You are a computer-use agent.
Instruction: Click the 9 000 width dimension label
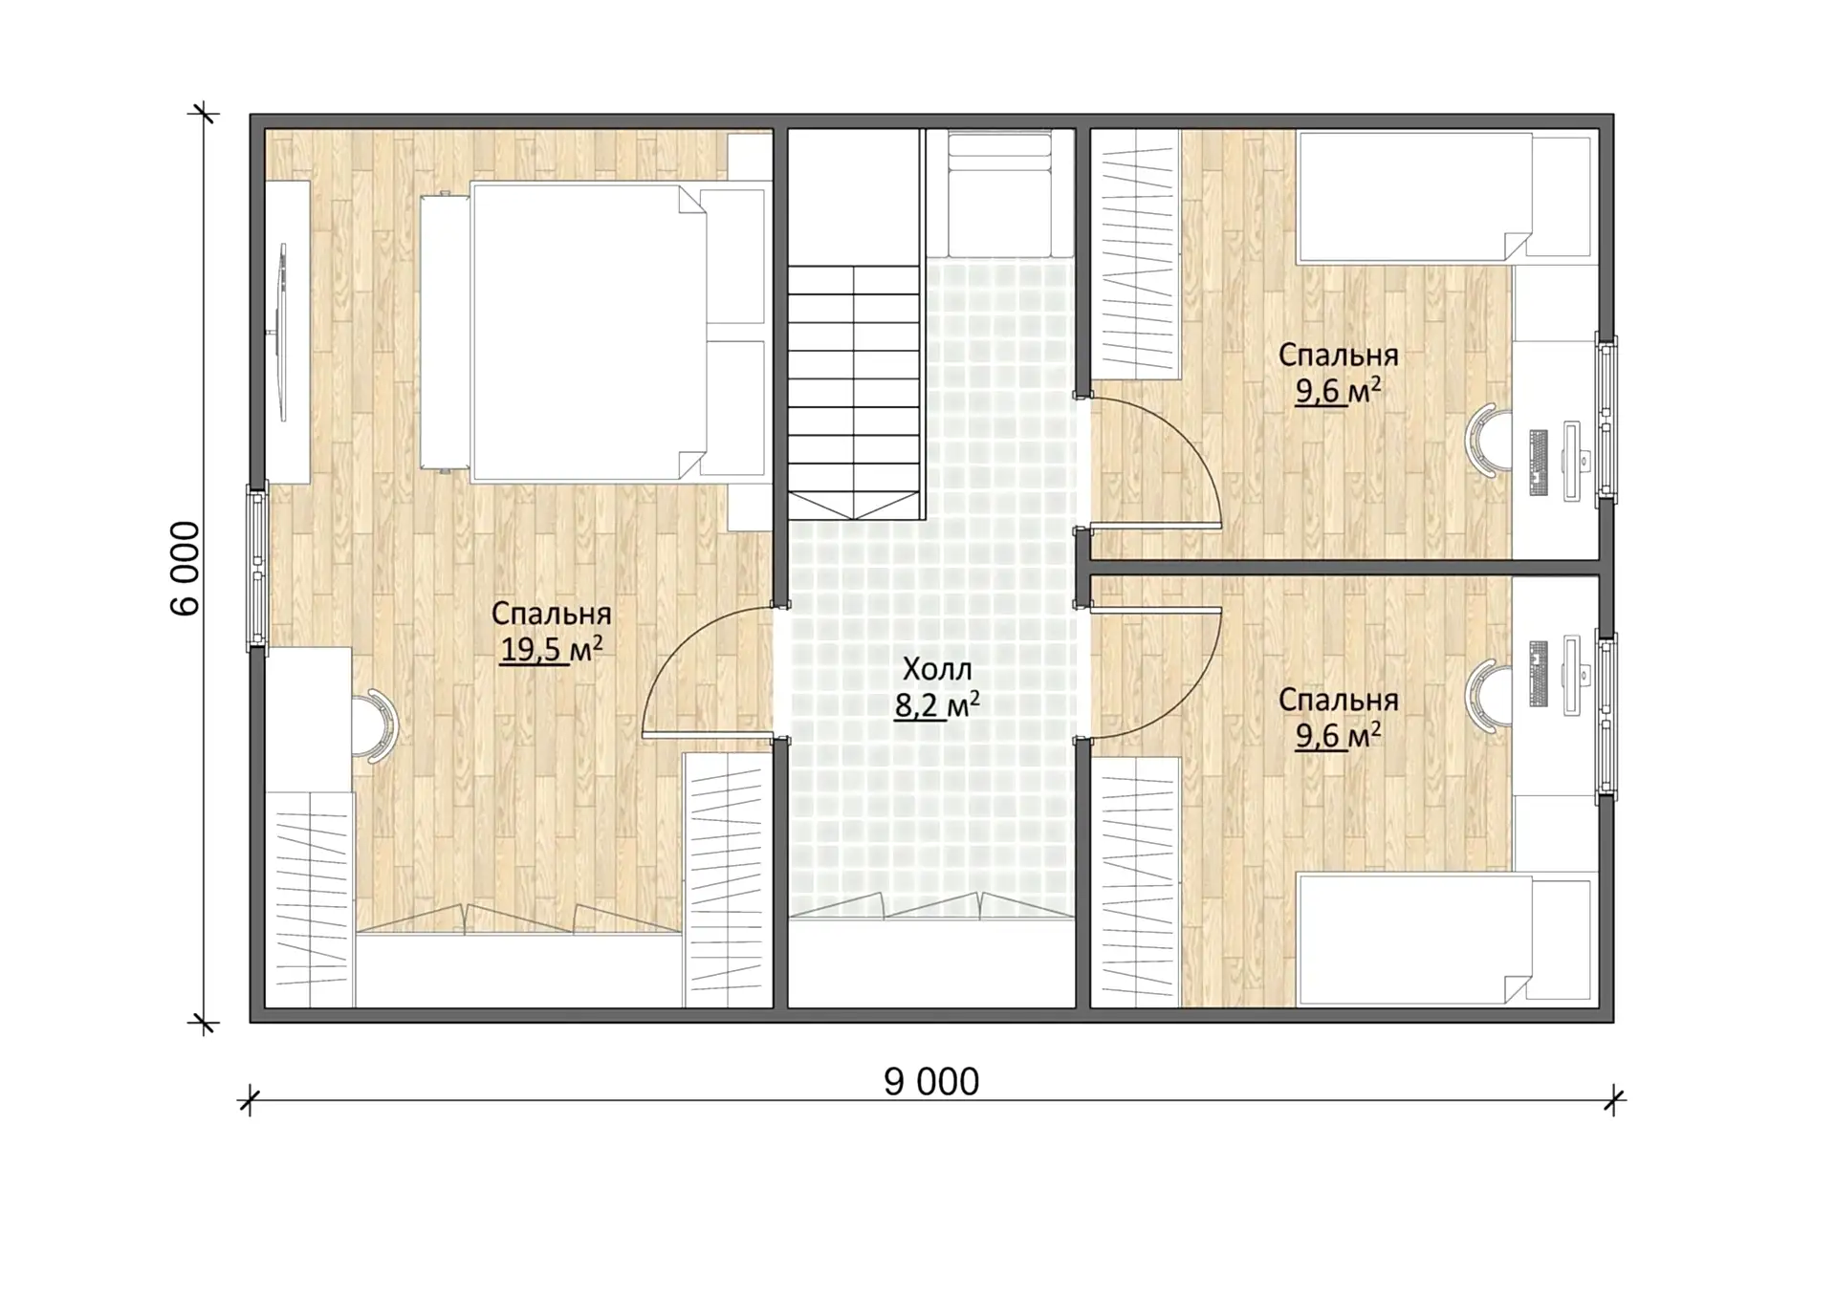tap(931, 1082)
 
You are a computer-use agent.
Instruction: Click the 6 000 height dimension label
tap(185, 569)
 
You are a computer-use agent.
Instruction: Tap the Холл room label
tap(937, 669)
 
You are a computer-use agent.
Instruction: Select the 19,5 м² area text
tap(552, 650)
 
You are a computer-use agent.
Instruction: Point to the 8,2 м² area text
tap(937, 705)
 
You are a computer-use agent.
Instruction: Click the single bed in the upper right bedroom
tap(1444, 197)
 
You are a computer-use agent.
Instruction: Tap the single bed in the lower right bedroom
tap(1444, 939)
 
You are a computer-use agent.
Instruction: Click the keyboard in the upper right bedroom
tap(1538, 464)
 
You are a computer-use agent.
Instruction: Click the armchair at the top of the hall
tap(999, 194)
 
